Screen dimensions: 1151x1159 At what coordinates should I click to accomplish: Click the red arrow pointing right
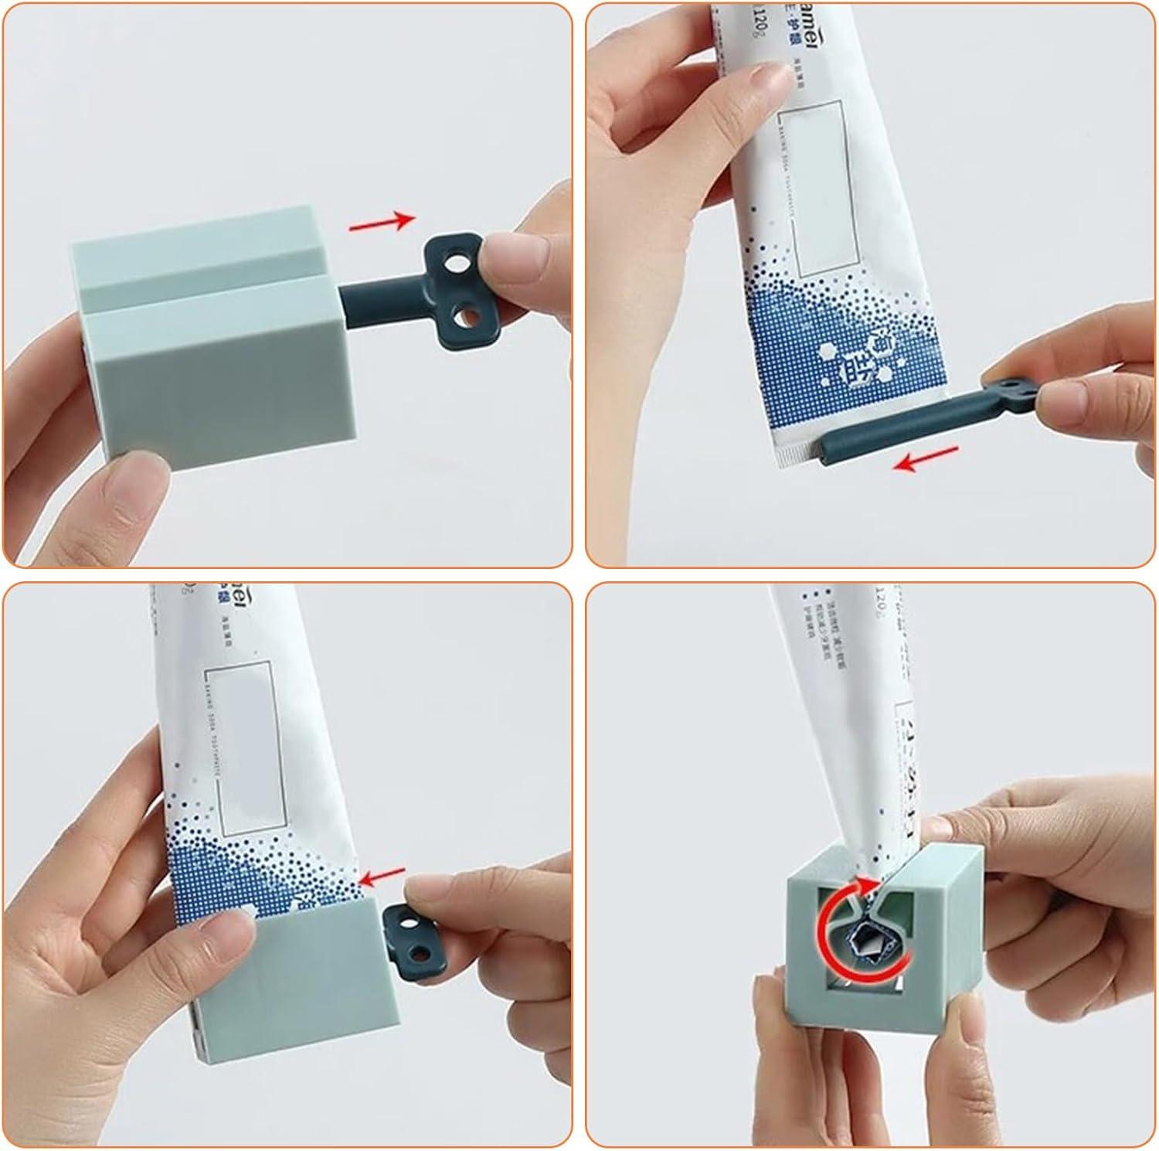(382, 223)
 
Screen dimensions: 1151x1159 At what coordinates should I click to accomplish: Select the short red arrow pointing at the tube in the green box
(383, 877)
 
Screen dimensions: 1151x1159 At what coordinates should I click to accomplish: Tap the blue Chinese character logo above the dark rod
(855, 353)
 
